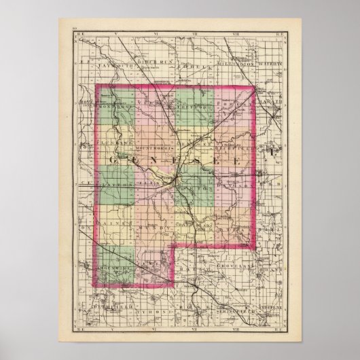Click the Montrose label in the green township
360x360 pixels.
tap(112, 107)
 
